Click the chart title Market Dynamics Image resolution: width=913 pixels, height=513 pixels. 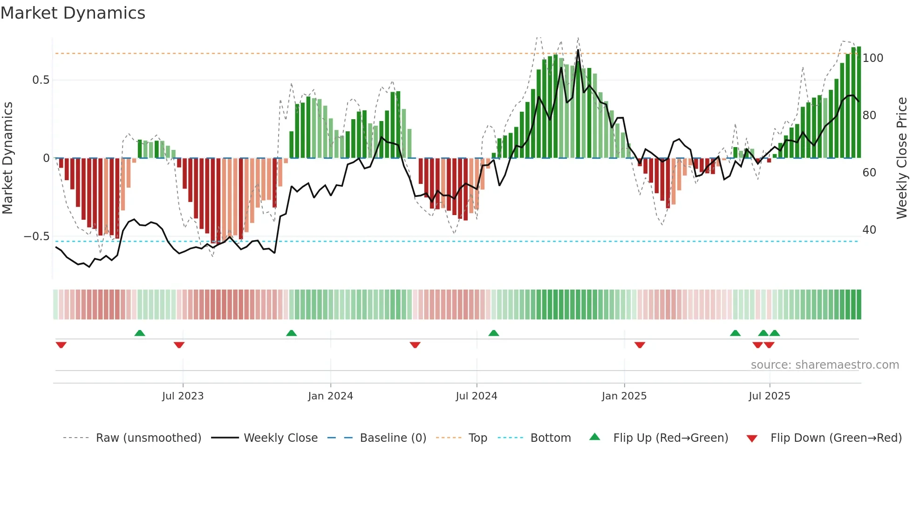[x=73, y=13]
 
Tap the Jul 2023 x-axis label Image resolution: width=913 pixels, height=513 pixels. [x=183, y=396]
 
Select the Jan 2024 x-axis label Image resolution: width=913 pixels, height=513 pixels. [x=330, y=396]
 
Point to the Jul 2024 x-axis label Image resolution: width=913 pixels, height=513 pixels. [x=476, y=396]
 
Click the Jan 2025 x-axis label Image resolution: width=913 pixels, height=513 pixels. [x=624, y=396]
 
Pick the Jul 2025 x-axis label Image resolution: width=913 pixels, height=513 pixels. [x=769, y=396]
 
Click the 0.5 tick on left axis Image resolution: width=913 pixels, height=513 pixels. [x=41, y=80]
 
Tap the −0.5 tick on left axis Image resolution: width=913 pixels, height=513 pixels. [x=37, y=236]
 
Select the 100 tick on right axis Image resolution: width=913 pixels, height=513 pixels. [x=872, y=58]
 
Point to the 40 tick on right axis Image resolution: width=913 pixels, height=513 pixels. [x=869, y=230]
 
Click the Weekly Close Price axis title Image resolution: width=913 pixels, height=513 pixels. [x=902, y=158]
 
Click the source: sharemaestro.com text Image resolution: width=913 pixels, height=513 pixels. [x=824, y=365]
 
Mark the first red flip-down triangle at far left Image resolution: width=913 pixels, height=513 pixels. [x=61, y=345]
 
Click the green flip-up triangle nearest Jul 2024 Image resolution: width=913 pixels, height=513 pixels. [x=493, y=333]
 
